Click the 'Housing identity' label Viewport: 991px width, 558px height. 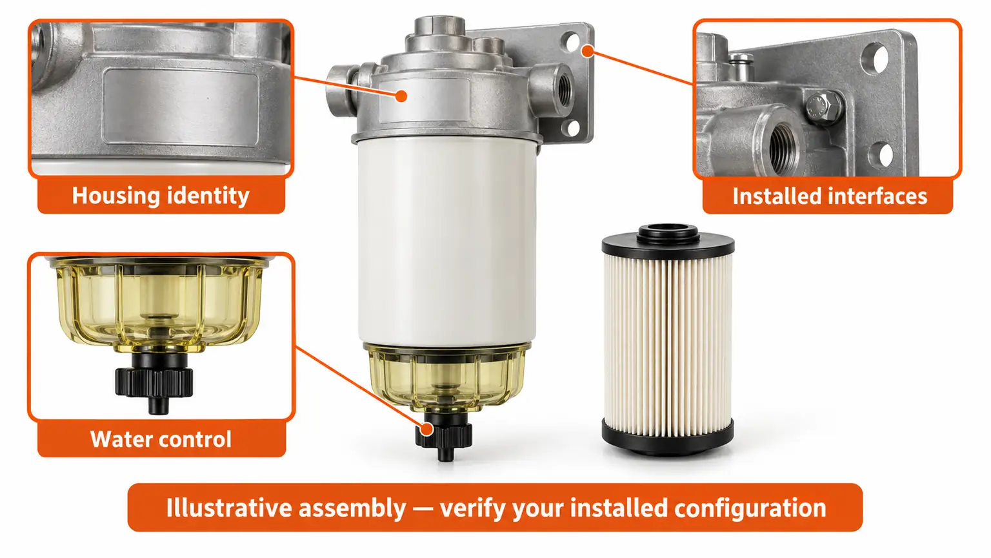pyautogui.click(x=161, y=196)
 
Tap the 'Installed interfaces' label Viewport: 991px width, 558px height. pyautogui.click(x=830, y=196)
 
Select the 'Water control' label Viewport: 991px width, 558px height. pyautogui.click(x=161, y=439)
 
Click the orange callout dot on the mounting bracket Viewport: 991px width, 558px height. pyautogui.click(x=588, y=52)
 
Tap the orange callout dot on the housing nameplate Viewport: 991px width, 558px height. pyautogui.click(x=401, y=96)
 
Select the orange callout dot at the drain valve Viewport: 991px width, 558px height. pyautogui.click(x=427, y=429)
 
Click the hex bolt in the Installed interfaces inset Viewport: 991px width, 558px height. pyautogui.click(x=823, y=107)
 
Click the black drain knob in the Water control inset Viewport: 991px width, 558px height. pyautogui.click(x=154, y=382)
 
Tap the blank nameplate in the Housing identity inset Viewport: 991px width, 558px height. pyautogui.click(x=181, y=107)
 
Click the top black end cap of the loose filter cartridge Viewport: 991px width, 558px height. pyautogui.click(x=668, y=242)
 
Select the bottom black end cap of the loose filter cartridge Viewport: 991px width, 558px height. pyautogui.click(x=668, y=436)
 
